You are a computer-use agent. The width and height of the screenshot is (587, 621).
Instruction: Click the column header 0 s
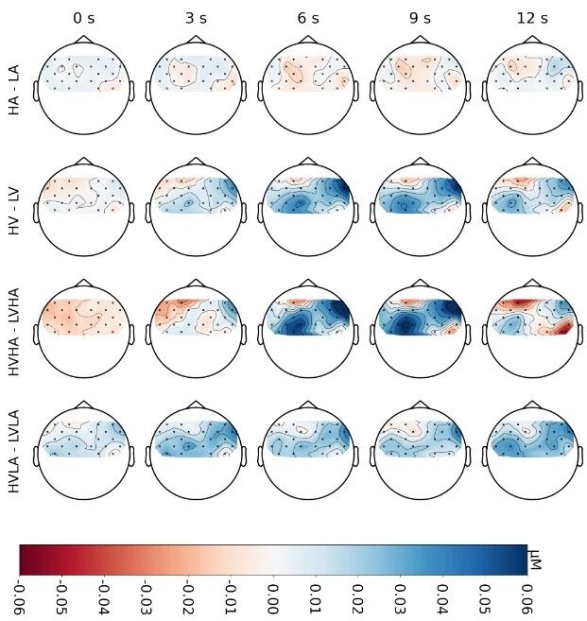83,17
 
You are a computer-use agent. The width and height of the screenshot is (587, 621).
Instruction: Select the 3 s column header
197,17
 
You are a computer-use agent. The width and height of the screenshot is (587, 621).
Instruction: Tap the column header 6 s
310,17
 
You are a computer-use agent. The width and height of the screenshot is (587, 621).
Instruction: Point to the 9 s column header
423,17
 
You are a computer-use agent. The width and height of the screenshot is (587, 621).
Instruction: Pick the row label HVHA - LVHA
14,328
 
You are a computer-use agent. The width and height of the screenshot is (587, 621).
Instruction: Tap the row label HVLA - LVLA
14,449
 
